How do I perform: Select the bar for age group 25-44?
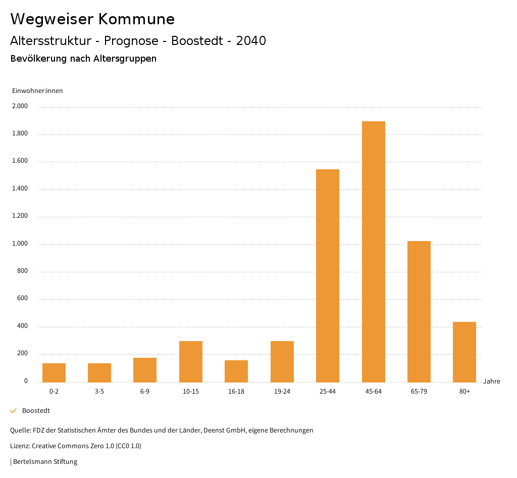pyautogui.click(x=328, y=275)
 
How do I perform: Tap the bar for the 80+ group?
pyautogui.click(x=464, y=352)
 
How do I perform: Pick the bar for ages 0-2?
pyautogui.click(x=54, y=372)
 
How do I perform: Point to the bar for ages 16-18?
pyautogui.click(x=236, y=371)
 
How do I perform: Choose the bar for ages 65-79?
pyautogui.click(x=419, y=311)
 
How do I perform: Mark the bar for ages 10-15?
pyautogui.click(x=191, y=361)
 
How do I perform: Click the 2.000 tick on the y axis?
pyautogui.click(x=21, y=107)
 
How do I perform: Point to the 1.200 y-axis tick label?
pyautogui.click(x=21, y=216)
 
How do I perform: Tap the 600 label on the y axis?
pyautogui.click(x=22, y=299)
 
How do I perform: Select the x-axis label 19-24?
pyautogui.click(x=282, y=392)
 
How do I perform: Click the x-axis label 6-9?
pyautogui.click(x=145, y=392)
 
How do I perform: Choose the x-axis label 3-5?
pyautogui.click(x=99, y=392)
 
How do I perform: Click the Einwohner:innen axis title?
pyautogui.click(x=37, y=91)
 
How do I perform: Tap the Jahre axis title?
pyautogui.click(x=491, y=381)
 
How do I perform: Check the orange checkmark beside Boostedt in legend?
pyautogui.click(x=14, y=411)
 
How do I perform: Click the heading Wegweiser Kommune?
pyautogui.click(x=92, y=19)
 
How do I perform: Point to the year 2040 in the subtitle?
pyautogui.click(x=251, y=41)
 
